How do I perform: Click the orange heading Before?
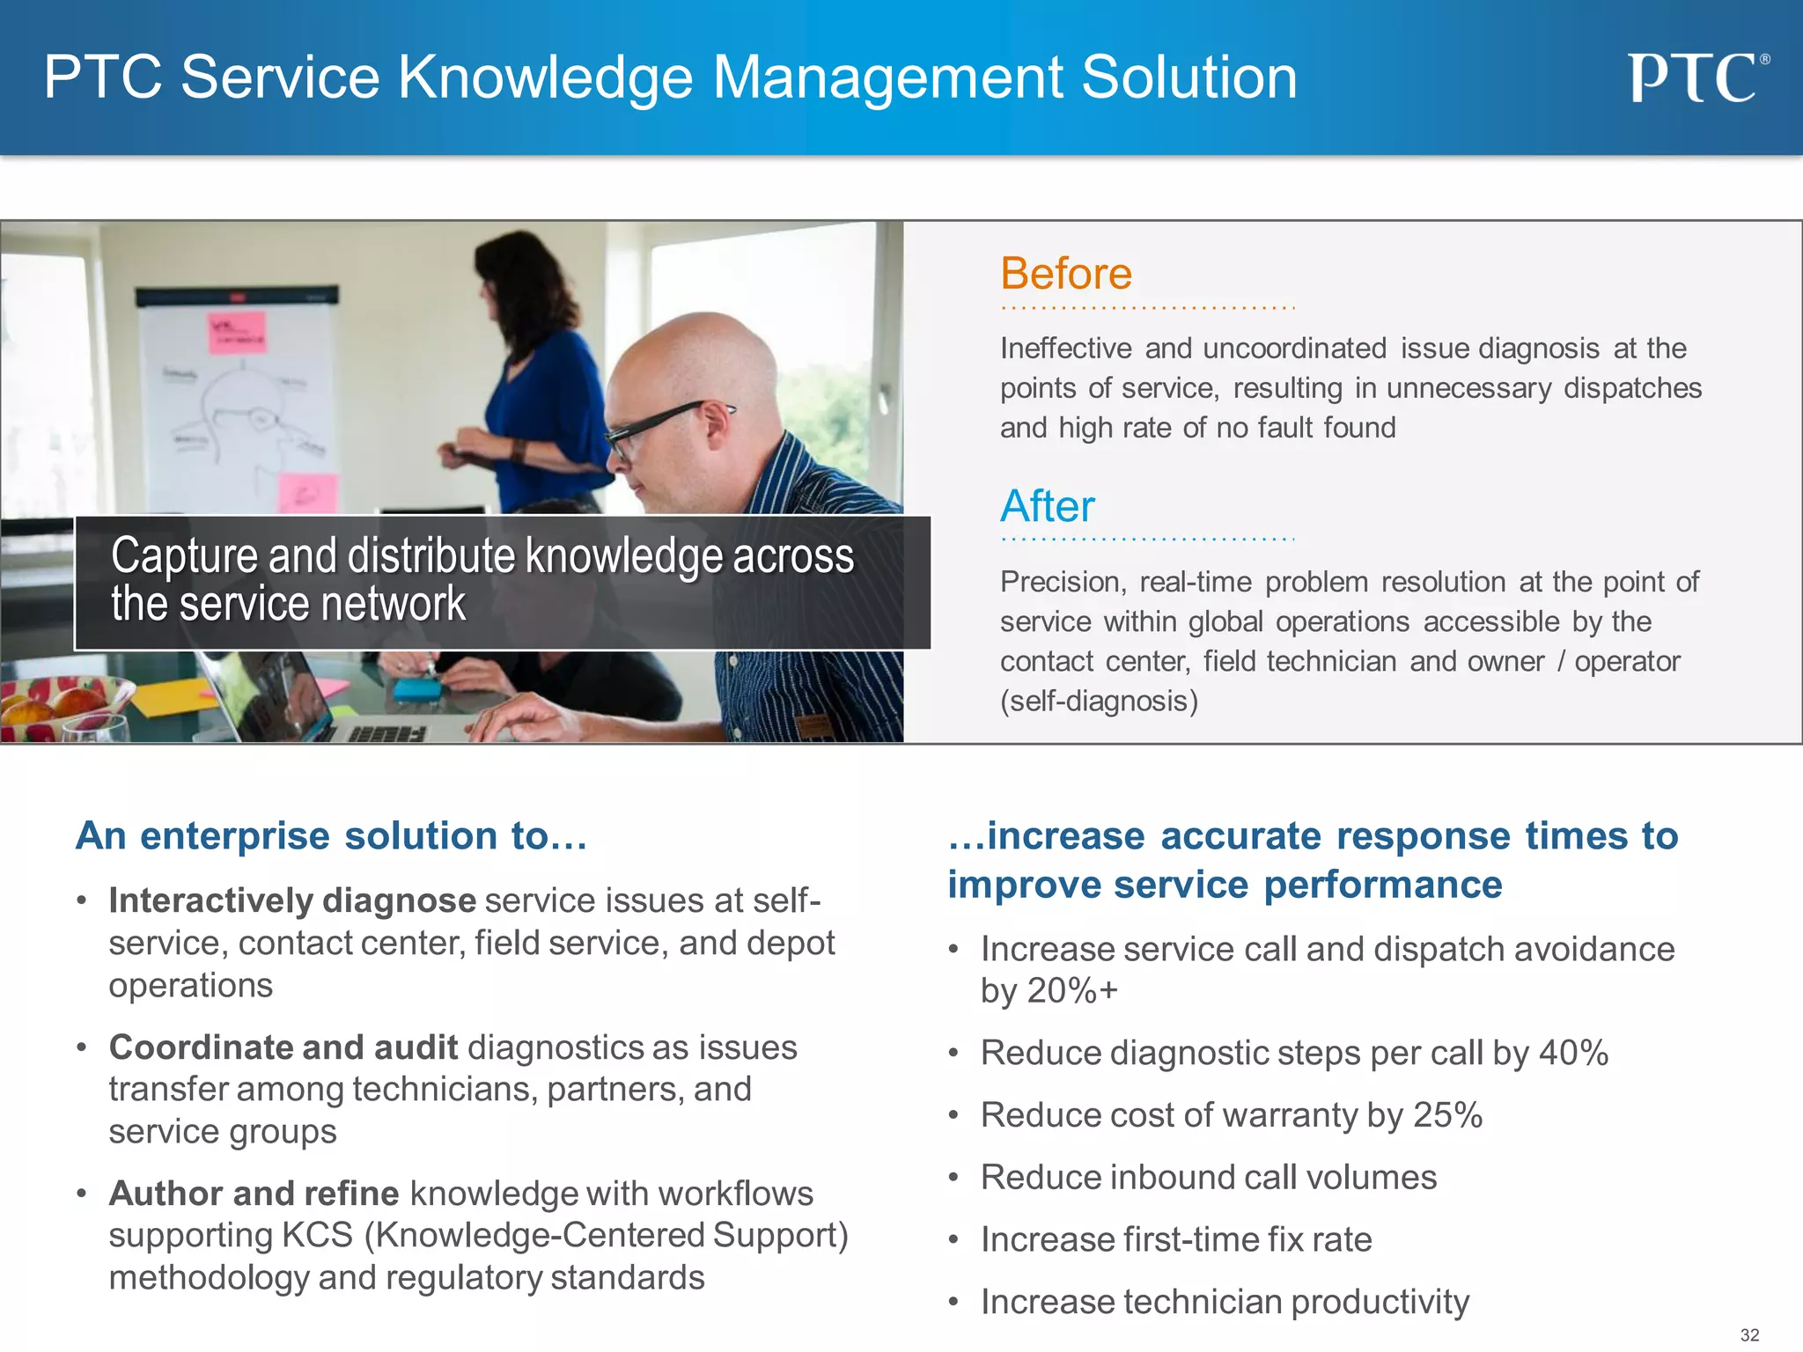pos(1066,274)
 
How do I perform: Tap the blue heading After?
pos(1048,506)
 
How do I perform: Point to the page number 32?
pos(1749,1334)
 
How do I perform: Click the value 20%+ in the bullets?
pos(1072,991)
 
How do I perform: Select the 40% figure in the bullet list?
pos(1573,1053)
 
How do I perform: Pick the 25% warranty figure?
pos(1447,1115)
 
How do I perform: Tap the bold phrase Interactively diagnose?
pos(292,900)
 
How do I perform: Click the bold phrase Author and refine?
pos(254,1194)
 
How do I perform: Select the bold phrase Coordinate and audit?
pos(283,1047)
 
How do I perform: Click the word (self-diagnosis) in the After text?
pos(1099,702)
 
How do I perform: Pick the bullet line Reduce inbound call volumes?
pos(1208,1178)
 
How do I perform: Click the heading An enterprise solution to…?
pos(331,836)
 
